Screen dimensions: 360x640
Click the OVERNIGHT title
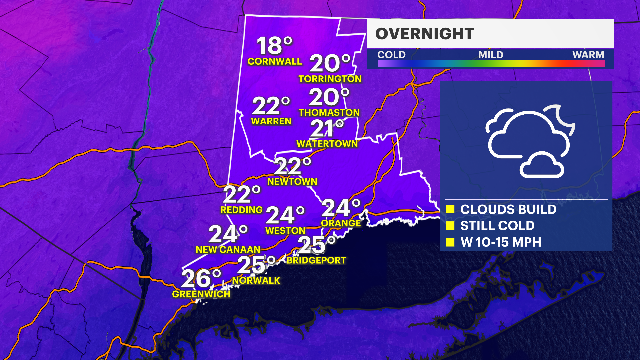(x=424, y=34)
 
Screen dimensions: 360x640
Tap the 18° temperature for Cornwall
(x=274, y=46)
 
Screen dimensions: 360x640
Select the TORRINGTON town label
(x=330, y=79)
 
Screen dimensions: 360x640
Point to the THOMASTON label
(x=329, y=113)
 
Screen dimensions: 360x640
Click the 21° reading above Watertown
(x=327, y=129)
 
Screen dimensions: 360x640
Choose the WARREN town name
(x=271, y=121)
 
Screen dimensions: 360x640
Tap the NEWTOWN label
(x=292, y=182)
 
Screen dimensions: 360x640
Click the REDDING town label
(x=241, y=210)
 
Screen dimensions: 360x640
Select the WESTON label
(x=285, y=231)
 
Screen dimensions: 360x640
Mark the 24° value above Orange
(x=341, y=208)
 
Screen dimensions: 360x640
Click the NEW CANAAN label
(x=228, y=250)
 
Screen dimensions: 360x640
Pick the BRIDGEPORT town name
(x=316, y=260)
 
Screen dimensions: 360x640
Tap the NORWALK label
(x=256, y=281)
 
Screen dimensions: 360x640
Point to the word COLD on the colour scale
(x=391, y=55)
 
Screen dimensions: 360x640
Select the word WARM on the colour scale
(x=588, y=55)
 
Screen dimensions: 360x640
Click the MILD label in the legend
(x=491, y=55)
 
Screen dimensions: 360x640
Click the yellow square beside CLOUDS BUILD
(x=450, y=209)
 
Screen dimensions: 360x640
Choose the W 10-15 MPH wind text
(x=501, y=242)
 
